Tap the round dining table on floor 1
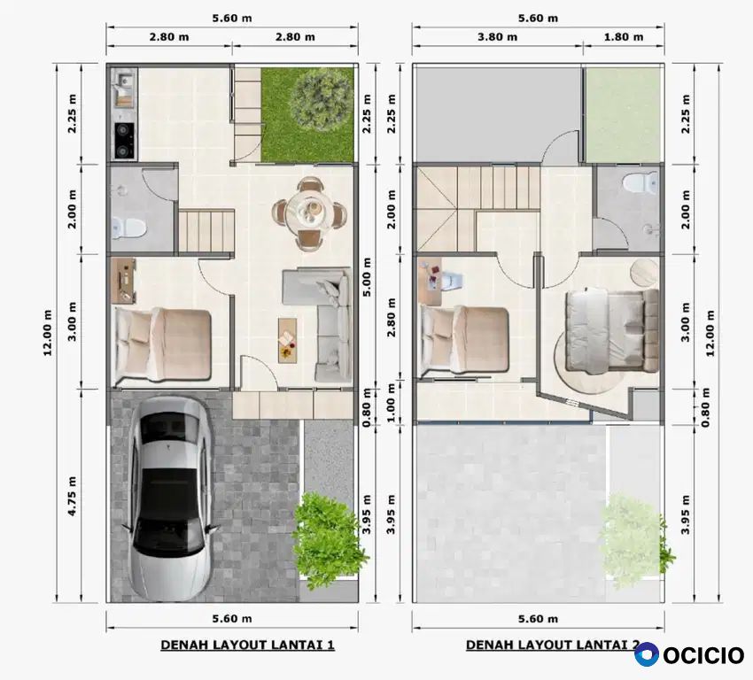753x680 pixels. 310,212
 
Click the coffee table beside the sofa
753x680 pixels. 287,340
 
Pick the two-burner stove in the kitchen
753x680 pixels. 124,140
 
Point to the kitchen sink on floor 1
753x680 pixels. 124,85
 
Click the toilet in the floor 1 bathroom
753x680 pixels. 127,228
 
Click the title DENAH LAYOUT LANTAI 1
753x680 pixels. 247,645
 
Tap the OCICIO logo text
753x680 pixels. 703,655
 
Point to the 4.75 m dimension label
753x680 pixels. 72,496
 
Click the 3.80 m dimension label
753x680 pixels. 497,37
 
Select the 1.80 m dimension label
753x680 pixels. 624,37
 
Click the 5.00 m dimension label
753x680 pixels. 367,277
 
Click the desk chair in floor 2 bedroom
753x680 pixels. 452,281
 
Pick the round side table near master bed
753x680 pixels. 644,272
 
